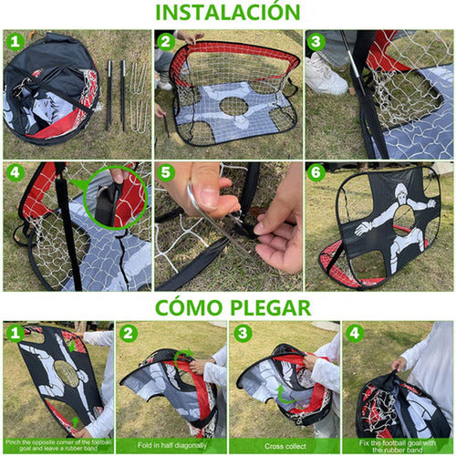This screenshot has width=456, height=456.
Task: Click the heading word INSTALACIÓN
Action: [x=228, y=13]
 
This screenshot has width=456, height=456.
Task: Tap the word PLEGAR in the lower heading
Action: [x=264, y=307]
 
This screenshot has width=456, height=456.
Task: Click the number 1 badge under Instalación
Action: [x=15, y=41]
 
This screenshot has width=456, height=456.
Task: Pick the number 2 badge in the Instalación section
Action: [x=165, y=41]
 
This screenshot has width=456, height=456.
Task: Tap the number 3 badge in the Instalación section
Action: [x=316, y=41]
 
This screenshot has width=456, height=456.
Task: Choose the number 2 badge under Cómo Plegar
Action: [x=130, y=333]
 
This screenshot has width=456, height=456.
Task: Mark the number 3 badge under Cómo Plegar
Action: [x=243, y=333]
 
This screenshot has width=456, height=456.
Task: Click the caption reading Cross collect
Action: [x=282, y=445]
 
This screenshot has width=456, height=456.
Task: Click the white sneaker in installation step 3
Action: [x=326, y=75]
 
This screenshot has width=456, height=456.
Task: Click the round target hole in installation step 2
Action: [x=233, y=106]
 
